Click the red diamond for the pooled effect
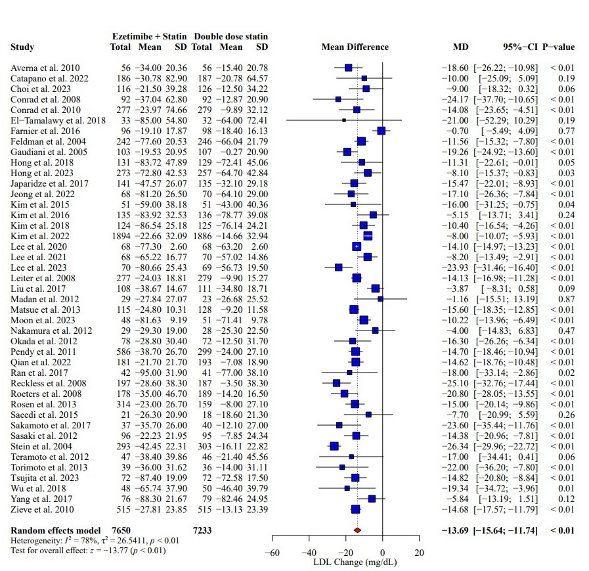point(357,530)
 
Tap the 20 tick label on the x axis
point(420,553)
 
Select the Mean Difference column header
point(355,47)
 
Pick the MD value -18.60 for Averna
point(454,68)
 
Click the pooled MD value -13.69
point(454,530)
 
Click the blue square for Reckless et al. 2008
point(336,382)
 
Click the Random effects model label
point(56,530)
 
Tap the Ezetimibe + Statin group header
point(149,36)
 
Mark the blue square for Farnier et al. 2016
point(381,131)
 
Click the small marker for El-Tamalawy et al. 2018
point(343,120)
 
